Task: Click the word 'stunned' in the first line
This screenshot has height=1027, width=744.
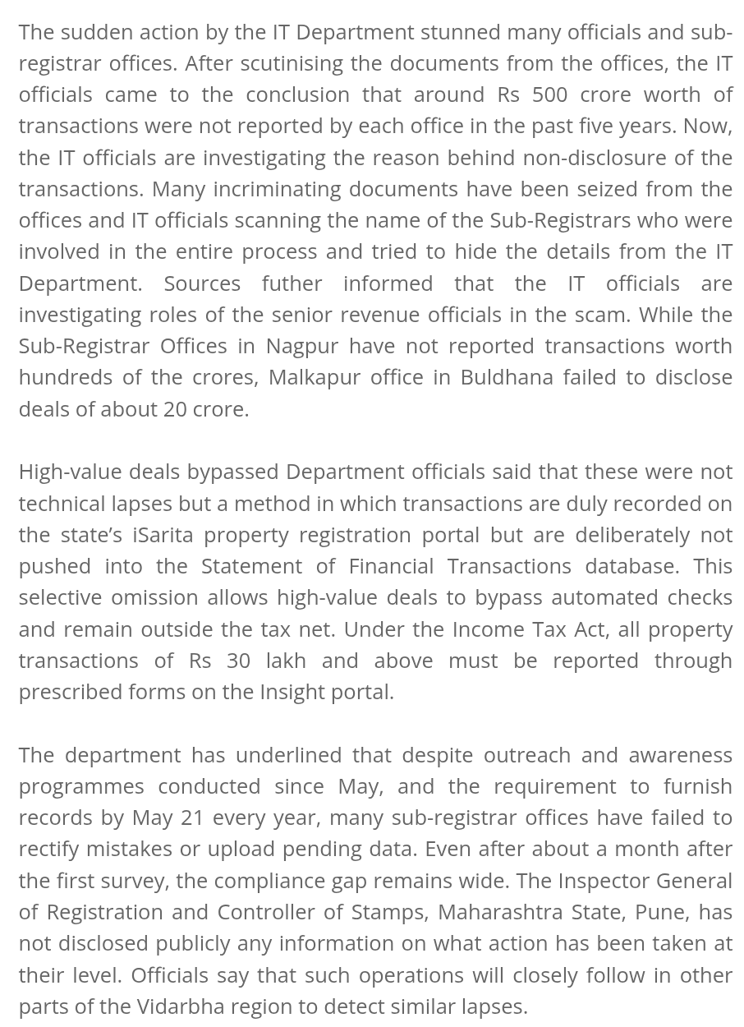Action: tap(460, 32)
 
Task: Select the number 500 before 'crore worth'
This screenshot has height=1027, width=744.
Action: tap(549, 94)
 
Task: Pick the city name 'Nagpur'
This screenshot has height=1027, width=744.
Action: tap(302, 346)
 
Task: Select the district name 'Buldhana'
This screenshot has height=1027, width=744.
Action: tap(507, 377)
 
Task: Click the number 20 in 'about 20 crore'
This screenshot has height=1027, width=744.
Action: tap(175, 409)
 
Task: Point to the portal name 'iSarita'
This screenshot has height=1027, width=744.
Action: tap(163, 535)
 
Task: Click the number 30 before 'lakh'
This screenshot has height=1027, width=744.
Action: tap(238, 661)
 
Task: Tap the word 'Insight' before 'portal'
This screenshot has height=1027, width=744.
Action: tap(292, 692)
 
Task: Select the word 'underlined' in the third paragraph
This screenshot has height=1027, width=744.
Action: tap(289, 755)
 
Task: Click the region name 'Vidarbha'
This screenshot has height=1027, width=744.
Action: tap(181, 1006)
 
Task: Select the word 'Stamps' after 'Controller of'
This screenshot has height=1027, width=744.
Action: tap(389, 912)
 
